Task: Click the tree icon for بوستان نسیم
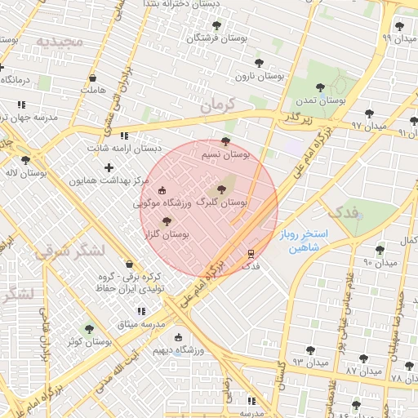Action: [226, 141]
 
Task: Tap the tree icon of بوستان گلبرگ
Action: [223, 189]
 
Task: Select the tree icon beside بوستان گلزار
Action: [167, 221]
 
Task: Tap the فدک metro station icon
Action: [251, 252]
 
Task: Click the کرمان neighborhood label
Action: [216, 104]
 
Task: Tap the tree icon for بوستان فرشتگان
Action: [216, 26]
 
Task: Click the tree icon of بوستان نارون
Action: [259, 63]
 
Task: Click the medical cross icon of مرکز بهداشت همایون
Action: [109, 167]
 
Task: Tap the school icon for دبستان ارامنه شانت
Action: [123, 136]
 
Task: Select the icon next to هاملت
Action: [91, 79]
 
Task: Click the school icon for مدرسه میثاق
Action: [141, 312]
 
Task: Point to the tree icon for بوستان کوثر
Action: [89, 328]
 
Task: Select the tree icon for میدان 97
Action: [370, 113]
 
